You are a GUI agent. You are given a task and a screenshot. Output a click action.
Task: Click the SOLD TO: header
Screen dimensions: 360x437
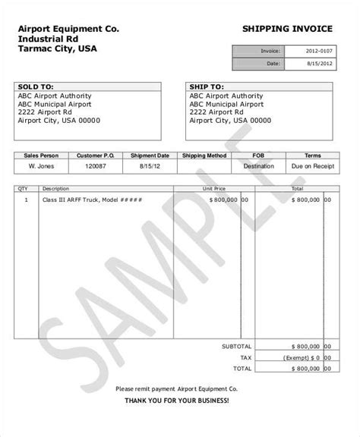35,87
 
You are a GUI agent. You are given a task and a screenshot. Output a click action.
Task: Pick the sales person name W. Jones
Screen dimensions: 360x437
42,164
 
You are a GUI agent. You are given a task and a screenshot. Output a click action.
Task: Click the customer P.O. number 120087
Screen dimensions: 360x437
95,164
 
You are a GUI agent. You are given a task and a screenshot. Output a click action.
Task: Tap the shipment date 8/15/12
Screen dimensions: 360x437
150,164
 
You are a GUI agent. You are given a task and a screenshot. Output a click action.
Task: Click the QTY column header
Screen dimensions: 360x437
23,187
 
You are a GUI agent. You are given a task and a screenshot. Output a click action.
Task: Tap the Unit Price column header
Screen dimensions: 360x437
214,187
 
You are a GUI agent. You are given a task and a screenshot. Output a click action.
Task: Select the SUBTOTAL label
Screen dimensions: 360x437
237,345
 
